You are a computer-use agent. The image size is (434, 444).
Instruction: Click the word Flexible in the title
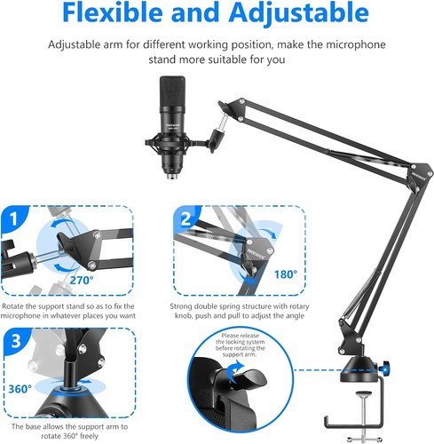click(x=113, y=12)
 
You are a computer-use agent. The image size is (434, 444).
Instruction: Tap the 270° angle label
click(x=82, y=280)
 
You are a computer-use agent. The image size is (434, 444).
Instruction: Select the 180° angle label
click(x=286, y=274)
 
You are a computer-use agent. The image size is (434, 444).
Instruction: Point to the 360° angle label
click(x=20, y=389)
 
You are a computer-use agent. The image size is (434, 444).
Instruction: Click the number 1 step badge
click(x=13, y=219)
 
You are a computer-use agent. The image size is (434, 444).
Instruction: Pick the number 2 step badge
click(x=186, y=219)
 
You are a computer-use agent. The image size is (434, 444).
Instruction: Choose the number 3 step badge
click(x=16, y=341)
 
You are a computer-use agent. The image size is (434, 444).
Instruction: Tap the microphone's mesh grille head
click(x=172, y=91)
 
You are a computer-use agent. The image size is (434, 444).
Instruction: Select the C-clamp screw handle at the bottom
click(x=364, y=439)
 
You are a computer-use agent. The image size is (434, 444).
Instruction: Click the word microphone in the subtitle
click(x=356, y=44)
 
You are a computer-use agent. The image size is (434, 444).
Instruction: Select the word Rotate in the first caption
click(x=12, y=306)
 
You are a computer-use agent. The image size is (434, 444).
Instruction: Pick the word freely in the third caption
click(x=89, y=436)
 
